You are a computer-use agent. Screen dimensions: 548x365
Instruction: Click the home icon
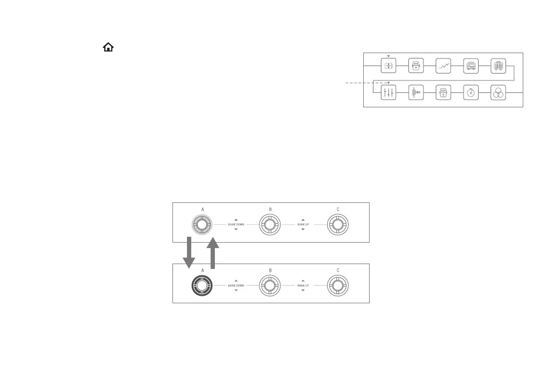tap(108, 48)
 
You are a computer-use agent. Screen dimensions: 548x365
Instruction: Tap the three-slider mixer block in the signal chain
tap(388, 93)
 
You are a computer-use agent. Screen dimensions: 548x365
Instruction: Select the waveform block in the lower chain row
tap(416, 93)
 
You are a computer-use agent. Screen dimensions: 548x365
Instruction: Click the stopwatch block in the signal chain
tap(471, 93)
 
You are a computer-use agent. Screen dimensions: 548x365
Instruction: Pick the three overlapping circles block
tap(498, 93)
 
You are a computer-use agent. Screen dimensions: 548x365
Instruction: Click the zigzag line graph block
tap(443, 65)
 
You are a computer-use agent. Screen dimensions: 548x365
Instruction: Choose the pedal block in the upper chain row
tap(416, 65)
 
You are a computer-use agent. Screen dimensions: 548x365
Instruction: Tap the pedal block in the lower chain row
tap(443, 93)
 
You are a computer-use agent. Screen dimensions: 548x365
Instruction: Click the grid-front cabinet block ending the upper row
tap(498, 65)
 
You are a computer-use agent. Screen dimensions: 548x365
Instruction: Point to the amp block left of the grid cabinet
tap(471, 65)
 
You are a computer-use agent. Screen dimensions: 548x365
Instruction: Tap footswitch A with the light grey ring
tap(202, 225)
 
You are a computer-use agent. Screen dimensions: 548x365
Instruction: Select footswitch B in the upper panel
tap(270, 225)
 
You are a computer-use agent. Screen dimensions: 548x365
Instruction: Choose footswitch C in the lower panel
tap(337, 286)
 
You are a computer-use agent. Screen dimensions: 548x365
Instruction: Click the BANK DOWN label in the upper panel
tap(236, 224)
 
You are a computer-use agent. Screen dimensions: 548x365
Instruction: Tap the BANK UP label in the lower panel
tap(303, 286)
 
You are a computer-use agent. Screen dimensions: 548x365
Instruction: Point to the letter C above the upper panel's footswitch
tap(337, 209)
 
